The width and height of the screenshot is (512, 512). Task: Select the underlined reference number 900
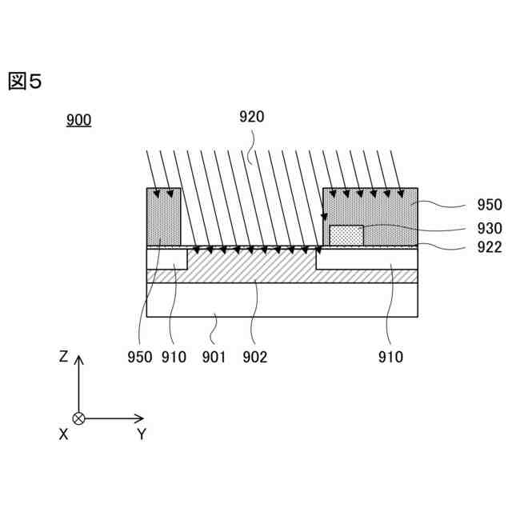click(x=78, y=121)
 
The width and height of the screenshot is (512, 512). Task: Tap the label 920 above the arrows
click(x=251, y=117)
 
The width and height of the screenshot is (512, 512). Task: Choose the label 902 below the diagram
click(x=254, y=357)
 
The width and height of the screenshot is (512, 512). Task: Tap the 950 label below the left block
click(x=139, y=357)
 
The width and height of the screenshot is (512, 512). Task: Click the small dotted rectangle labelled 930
click(x=346, y=235)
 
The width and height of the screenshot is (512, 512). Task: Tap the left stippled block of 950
click(x=164, y=216)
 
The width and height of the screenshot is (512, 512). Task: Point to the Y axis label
click(x=141, y=434)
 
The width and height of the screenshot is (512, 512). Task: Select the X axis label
click(x=63, y=434)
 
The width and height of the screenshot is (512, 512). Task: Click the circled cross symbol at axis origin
click(x=78, y=418)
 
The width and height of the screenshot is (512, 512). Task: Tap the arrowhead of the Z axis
click(x=78, y=359)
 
